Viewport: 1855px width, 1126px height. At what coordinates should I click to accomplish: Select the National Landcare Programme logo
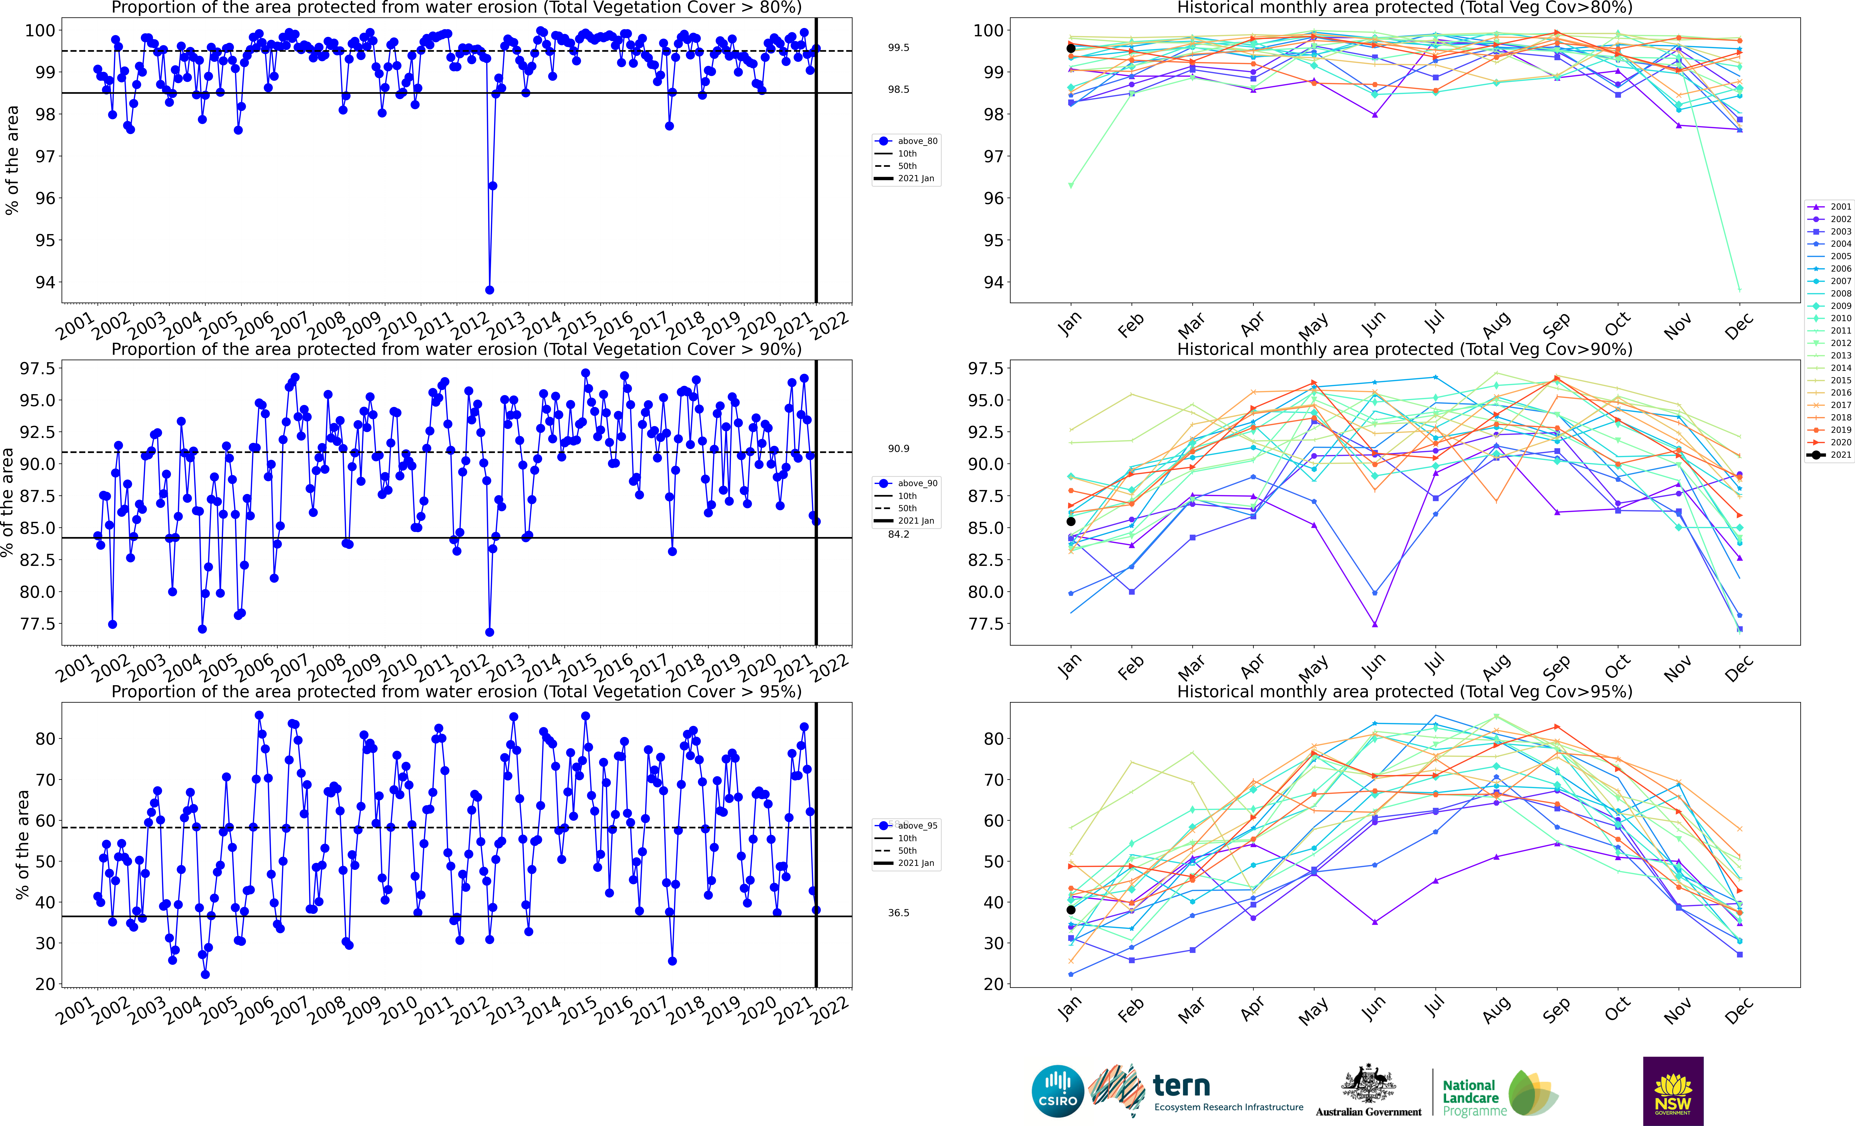[1498, 1094]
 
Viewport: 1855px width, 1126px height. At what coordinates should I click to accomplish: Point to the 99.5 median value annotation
[898, 47]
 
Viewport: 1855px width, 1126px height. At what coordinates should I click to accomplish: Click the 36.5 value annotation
[898, 913]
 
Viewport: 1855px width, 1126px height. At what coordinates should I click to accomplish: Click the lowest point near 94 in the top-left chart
[489, 290]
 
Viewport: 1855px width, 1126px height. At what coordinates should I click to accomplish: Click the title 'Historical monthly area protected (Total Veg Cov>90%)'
[1404, 350]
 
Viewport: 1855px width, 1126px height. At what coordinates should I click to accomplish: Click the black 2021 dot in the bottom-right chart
[1071, 910]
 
